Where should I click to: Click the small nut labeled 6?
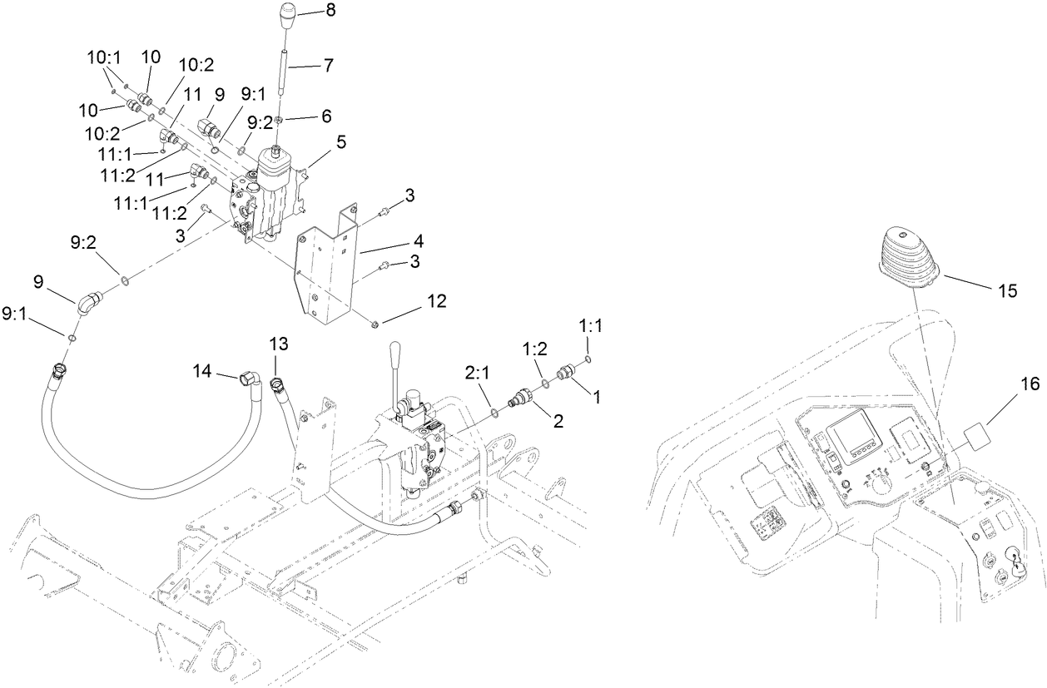coord(280,121)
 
